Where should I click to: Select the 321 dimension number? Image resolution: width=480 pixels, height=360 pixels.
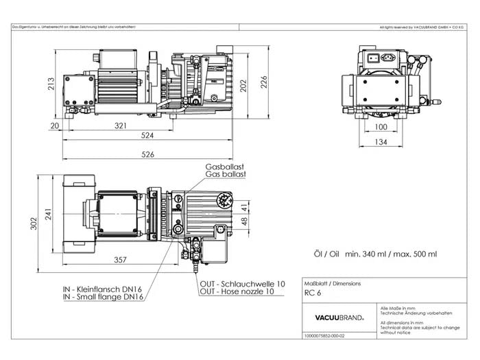coord(121,125)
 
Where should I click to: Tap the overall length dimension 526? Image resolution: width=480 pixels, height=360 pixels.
coord(148,154)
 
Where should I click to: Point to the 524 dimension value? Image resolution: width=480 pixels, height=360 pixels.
coord(148,136)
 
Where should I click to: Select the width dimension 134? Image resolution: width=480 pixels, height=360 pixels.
coord(381,142)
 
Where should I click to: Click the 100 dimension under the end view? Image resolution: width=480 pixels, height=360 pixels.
coord(381,127)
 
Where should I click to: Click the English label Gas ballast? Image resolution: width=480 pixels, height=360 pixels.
coord(224,175)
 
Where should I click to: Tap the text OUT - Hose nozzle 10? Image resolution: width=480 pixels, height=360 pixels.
coord(242,291)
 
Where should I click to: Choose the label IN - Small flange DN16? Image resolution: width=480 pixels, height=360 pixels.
coord(103,297)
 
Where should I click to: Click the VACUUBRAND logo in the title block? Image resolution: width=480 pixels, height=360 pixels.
coord(339,317)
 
